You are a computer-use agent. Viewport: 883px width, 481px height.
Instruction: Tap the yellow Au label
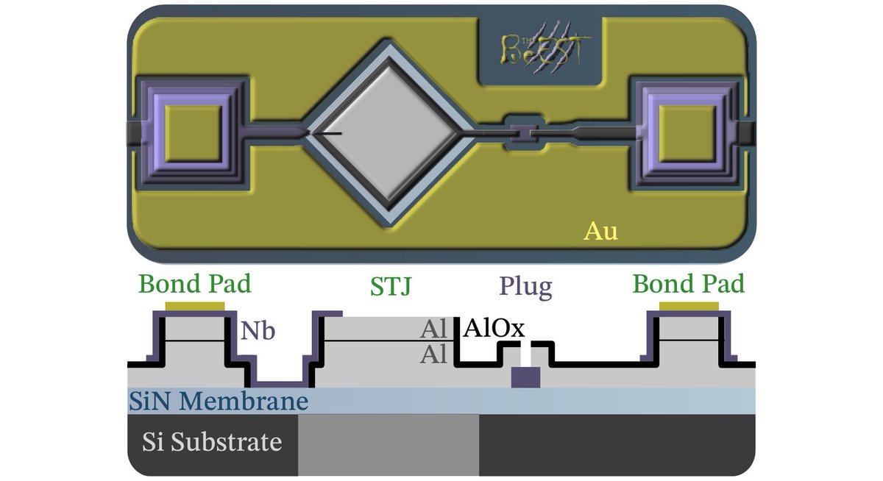click(x=600, y=231)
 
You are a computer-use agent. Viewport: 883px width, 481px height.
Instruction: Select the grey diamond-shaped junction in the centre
click(x=387, y=132)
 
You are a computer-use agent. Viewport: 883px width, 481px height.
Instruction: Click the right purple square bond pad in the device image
click(x=686, y=132)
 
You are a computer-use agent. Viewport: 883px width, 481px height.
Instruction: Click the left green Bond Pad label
click(x=195, y=284)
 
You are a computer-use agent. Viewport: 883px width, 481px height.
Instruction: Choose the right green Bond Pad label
click(x=689, y=284)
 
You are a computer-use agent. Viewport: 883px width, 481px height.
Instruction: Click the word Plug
click(x=525, y=286)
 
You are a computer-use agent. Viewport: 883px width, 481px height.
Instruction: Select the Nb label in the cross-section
click(x=258, y=332)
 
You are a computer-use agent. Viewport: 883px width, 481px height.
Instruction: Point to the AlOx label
click(x=494, y=329)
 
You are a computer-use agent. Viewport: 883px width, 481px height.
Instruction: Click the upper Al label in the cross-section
click(x=433, y=329)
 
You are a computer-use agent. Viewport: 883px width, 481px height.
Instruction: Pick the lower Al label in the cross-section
click(x=433, y=355)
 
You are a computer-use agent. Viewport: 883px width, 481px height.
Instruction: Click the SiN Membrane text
click(x=218, y=402)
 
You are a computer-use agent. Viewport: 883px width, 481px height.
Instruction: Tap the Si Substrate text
click(x=212, y=443)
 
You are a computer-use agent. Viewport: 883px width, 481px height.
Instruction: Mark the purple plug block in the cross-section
click(x=526, y=377)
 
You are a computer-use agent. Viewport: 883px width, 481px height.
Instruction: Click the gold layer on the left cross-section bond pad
click(x=195, y=306)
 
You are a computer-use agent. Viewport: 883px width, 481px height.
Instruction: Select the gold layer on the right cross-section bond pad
click(x=689, y=306)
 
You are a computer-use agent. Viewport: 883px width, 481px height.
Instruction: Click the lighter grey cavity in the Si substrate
click(x=389, y=444)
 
